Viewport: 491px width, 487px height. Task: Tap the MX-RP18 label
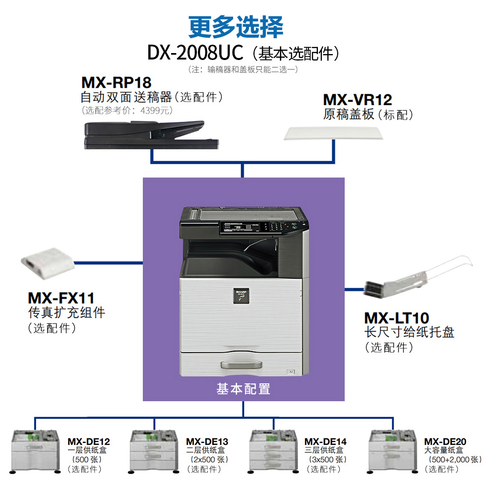(x=116, y=82)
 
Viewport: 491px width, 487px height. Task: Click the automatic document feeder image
(x=150, y=135)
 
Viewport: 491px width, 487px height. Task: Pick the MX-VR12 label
(x=357, y=100)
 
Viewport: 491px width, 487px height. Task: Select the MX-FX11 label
(x=61, y=298)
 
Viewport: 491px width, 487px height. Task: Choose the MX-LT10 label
(x=396, y=317)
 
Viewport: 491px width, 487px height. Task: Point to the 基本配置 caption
(x=243, y=389)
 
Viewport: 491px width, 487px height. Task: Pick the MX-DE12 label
(x=89, y=441)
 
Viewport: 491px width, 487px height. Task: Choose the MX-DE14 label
(x=325, y=441)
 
